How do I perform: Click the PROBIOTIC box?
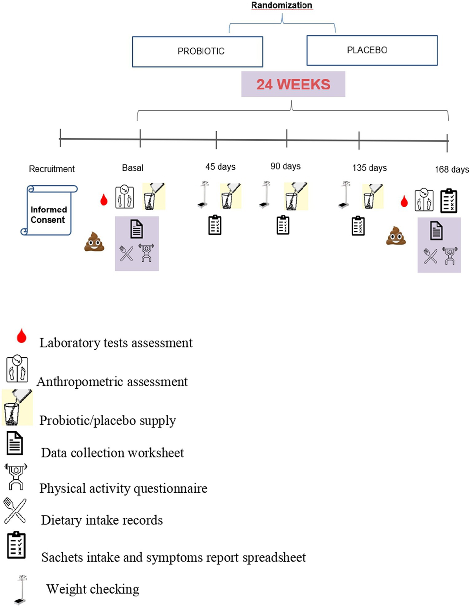197,51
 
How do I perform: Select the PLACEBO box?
372,50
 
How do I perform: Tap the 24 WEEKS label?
293,84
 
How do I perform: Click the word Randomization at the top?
281,5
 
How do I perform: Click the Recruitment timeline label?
51,169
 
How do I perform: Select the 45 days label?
220,167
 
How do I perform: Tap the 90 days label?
285,166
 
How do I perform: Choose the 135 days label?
369,168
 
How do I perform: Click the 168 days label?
451,170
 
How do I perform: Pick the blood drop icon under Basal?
104,200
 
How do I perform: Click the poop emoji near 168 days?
396,236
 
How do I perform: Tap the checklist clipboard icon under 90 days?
283,225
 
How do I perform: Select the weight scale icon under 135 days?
344,195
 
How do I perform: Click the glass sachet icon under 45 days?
230,196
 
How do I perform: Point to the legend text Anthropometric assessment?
112,382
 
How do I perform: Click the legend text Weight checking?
93,589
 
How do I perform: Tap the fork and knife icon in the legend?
15,511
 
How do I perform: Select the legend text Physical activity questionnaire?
123,488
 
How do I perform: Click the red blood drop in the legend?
22,336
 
